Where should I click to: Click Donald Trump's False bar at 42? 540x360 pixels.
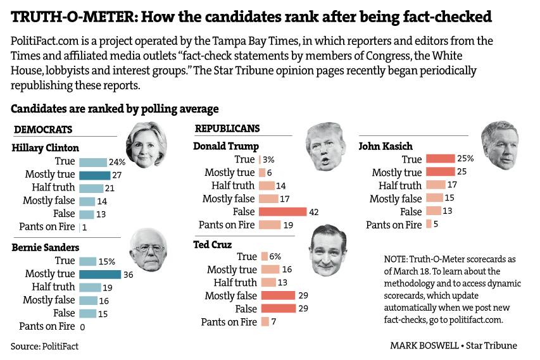click(283, 212)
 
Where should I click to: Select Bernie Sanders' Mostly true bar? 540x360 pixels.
click(99, 274)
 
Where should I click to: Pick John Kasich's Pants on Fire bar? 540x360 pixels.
click(429, 224)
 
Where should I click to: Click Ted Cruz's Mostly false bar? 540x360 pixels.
click(278, 295)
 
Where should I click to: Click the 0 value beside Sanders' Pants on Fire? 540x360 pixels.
click(82, 327)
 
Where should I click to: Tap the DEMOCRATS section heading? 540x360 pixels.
click(43, 130)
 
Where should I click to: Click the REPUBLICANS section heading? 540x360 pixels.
click(227, 128)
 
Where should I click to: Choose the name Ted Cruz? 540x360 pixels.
click(213, 244)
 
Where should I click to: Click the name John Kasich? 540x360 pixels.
click(386, 146)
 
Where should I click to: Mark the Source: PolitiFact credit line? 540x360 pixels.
click(44, 346)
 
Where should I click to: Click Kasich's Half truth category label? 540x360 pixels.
click(399, 185)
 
